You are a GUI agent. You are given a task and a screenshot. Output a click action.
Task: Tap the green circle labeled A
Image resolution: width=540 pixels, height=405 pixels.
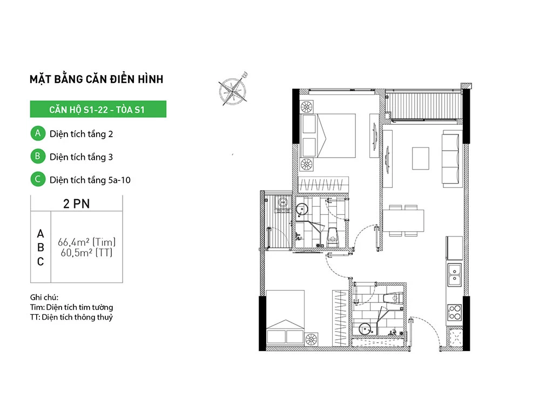click(x=38, y=133)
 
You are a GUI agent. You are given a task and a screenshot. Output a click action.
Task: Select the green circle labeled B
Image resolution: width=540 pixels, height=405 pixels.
click(x=38, y=157)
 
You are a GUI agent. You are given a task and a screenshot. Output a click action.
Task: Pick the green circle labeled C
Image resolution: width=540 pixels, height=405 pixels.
click(x=38, y=179)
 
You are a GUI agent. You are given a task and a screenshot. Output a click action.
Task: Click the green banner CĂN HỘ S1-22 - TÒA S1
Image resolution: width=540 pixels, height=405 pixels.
click(x=98, y=109)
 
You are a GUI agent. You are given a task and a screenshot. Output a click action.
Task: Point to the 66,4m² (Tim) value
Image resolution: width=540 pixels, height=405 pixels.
click(x=86, y=242)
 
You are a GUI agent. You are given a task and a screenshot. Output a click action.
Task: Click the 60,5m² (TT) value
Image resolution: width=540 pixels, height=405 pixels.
click(x=86, y=253)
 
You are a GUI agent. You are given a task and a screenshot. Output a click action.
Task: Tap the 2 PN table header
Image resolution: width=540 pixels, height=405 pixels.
click(x=77, y=204)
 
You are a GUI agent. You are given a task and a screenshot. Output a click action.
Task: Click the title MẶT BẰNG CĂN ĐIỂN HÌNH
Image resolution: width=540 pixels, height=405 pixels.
click(x=97, y=79)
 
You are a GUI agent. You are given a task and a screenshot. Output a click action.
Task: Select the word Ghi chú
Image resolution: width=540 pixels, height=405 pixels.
click(x=44, y=297)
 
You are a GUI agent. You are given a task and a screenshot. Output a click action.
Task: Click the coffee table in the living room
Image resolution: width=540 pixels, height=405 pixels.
click(x=421, y=158)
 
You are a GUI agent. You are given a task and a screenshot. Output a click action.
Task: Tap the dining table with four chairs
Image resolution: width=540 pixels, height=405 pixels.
click(x=403, y=220)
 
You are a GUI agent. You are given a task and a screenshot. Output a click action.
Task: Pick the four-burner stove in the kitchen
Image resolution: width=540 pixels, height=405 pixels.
click(x=455, y=313)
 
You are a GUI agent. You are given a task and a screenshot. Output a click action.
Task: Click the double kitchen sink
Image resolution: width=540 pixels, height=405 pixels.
click(x=455, y=275)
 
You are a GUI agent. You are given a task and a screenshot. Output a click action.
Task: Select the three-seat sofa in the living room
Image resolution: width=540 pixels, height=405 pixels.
click(x=452, y=159)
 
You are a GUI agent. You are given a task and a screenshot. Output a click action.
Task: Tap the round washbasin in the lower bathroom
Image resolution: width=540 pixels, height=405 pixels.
click(x=364, y=329)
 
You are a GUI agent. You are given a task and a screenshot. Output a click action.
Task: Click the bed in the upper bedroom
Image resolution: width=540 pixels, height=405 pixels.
click(x=328, y=136)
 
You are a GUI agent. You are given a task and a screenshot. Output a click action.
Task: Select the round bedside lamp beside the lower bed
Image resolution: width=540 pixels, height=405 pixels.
click(x=312, y=340)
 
